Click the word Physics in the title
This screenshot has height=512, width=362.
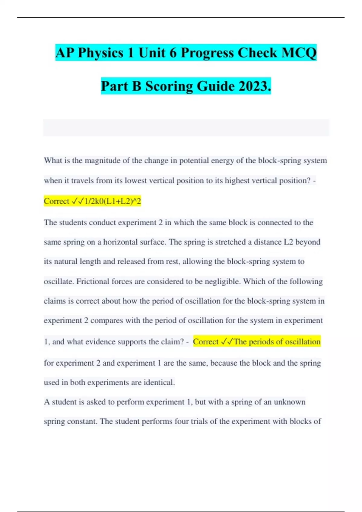[100, 53]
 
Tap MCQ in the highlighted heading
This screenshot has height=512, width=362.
[299, 53]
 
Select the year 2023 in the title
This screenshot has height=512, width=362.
[255, 86]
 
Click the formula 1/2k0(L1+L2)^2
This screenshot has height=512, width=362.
[113, 201]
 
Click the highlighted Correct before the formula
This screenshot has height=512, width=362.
[56, 201]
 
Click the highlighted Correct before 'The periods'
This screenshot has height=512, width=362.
[205, 342]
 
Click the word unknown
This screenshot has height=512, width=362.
[290, 402]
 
